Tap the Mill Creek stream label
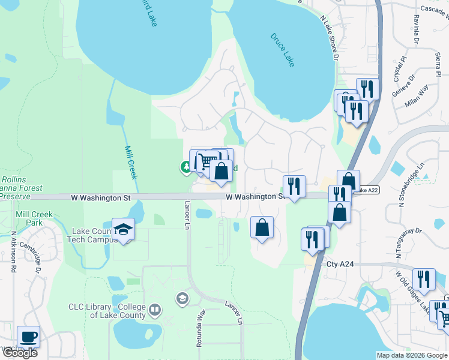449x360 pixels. pos(130,163)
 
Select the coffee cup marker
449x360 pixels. pos(28,337)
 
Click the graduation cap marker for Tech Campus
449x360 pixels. pos(123,230)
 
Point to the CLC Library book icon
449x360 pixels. pos(155,310)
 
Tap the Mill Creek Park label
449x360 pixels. pos(34,218)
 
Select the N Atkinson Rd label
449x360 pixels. pos(14,252)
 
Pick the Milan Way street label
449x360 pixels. pos(417,96)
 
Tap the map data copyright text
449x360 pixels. pos(412,355)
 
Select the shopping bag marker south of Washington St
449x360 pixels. pos(262,228)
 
